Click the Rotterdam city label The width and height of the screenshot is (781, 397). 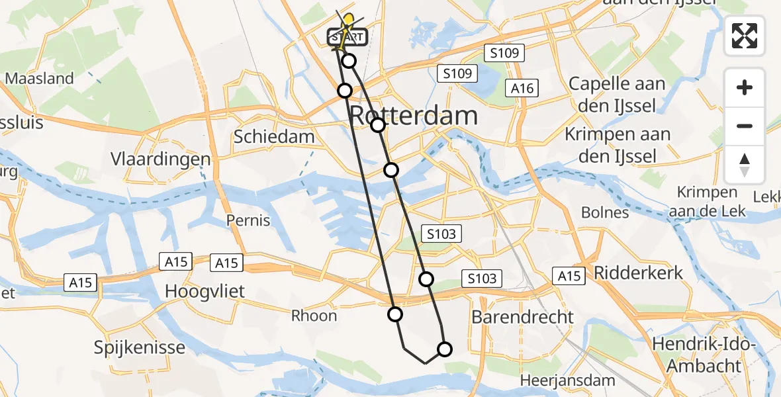[413, 116]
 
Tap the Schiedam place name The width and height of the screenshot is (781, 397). [273, 137]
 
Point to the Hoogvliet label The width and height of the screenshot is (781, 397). [205, 291]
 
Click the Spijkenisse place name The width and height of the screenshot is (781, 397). [139, 347]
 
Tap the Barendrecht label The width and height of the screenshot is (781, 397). [522, 317]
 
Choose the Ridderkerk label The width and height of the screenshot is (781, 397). [639, 273]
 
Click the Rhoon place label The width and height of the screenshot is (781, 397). [314, 316]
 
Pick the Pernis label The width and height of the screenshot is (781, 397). [248, 220]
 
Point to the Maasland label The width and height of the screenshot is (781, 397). [39, 79]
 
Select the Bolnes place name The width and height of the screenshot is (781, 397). [604, 212]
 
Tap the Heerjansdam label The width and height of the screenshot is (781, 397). [567, 380]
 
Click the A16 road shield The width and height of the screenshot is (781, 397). [522, 88]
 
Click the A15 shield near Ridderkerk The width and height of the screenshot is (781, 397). [570, 276]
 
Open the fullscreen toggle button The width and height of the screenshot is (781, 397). [745, 36]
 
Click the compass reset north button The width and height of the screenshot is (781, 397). [745, 164]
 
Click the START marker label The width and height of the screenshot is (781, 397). [345, 37]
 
